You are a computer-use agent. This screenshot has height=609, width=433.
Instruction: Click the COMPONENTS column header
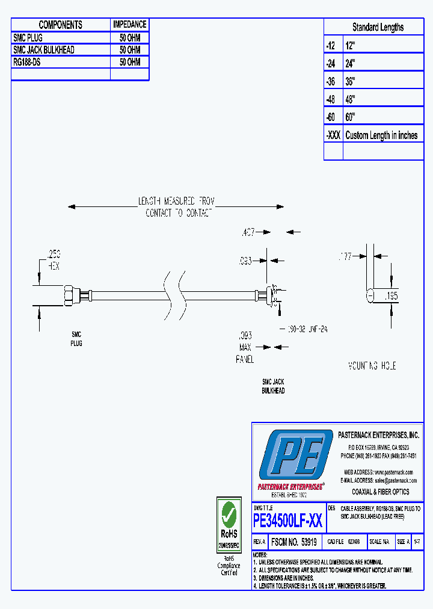coord(60,25)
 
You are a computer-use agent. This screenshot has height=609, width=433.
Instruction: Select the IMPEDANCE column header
coord(129,25)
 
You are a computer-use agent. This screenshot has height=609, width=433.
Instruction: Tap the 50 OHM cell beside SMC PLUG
coord(129,37)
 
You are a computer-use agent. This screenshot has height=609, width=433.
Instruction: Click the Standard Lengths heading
coord(378,27)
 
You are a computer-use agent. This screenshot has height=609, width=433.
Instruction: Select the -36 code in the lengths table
coord(332,81)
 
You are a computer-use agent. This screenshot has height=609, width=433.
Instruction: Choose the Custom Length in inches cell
coord(381,135)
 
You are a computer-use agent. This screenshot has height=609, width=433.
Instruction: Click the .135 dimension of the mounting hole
coord(392,295)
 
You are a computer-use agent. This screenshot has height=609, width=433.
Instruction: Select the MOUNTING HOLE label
coord(372,366)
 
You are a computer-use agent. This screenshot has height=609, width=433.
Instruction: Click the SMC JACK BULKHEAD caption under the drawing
coord(273,386)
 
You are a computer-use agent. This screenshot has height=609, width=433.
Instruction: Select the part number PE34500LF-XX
coord(287,520)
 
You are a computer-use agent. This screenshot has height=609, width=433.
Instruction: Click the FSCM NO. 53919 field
coord(294,542)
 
